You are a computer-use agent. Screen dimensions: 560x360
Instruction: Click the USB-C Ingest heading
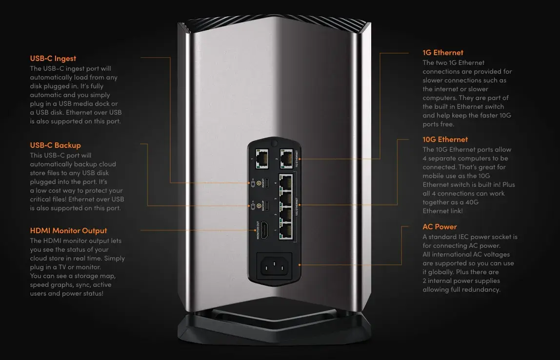(53, 58)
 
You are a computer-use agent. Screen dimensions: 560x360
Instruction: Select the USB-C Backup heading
(55, 145)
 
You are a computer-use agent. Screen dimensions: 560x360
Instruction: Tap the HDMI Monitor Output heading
(69, 230)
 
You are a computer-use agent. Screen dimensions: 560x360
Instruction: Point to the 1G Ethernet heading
(443, 53)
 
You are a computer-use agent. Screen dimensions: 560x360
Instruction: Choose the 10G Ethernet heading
(445, 140)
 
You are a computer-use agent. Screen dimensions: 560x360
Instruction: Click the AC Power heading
(440, 226)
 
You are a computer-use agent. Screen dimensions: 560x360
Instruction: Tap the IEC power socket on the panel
(274, 266)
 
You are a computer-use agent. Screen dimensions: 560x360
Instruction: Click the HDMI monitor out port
(265, 230)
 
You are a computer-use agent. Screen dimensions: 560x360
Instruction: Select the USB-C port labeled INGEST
(266, 183)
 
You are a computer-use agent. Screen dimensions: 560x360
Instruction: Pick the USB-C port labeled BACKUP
(266, 205)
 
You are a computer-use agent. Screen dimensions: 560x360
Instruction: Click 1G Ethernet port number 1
(262, 159)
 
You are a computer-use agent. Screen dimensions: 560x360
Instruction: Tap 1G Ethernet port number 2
(286, 159)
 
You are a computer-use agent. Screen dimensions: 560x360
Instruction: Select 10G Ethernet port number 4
(286, 182)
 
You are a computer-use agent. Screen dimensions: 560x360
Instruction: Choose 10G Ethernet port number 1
(286, 231)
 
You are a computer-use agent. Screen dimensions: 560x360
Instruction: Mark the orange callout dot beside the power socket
(300, 265)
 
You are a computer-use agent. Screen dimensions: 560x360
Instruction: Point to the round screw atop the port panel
(274, 143)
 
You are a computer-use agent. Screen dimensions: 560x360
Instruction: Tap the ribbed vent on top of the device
(274, 22)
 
